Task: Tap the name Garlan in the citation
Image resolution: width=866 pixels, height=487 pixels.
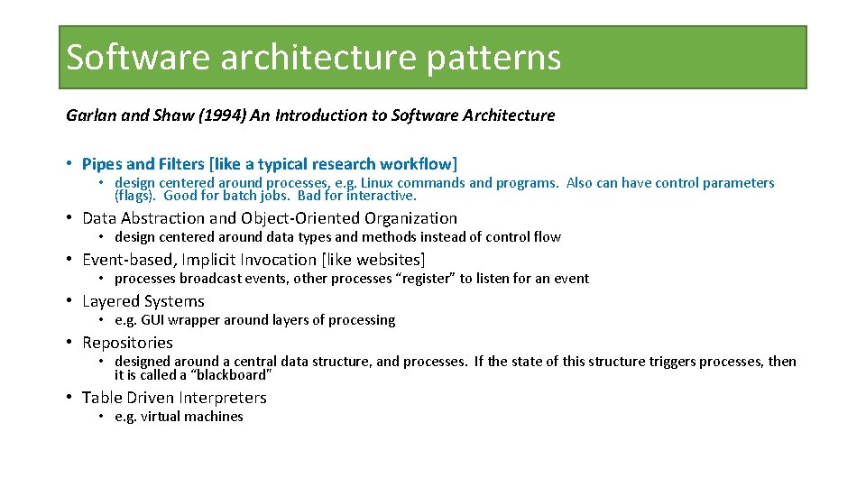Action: (88, 115)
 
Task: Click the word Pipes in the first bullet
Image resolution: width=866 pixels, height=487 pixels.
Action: (102, 164)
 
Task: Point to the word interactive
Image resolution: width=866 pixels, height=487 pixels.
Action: (382, 196)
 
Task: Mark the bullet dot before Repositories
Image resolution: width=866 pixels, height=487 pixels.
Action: (69, 343)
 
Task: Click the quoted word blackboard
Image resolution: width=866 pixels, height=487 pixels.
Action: (231, 375)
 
